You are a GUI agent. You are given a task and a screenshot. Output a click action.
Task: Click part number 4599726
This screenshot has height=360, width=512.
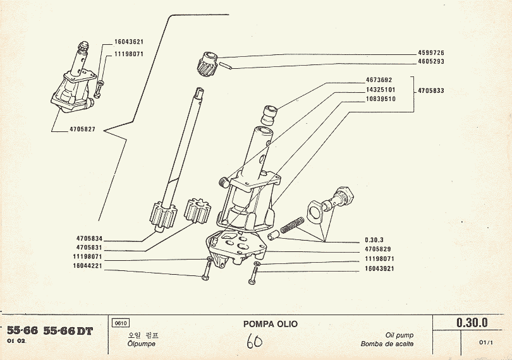pyautogui.click(x=431, y=52)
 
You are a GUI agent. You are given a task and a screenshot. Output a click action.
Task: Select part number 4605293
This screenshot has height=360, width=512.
pyautogui.click(x=431, y=61)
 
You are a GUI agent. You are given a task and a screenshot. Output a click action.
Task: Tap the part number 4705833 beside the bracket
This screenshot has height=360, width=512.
pyautogui.click(x=430, y=90)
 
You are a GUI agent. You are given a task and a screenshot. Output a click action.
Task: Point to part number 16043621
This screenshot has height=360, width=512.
pyautogui.click(x=128, y=42)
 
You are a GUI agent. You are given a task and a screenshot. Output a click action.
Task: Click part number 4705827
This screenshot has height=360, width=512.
pyautogui.click(x=82, y=129)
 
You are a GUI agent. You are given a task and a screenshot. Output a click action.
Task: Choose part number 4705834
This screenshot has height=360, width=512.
pyautogui.click(x=89, y=238)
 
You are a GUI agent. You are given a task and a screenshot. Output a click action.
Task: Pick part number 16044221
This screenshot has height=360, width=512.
pyautogui.click(x=89, y=266)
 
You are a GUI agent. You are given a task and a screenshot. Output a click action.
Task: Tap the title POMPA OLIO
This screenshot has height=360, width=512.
pyautogui.click(x=270, y=324)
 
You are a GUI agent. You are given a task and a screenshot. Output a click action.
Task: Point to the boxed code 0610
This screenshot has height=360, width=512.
pyautogui.click(x=119, y=323)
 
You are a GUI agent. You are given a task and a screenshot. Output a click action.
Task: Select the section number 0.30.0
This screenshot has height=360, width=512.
pyautogui.click(x=472, y=323)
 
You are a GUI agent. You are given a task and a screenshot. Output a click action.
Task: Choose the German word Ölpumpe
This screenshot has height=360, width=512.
pyautogui.click(x=141, y=344)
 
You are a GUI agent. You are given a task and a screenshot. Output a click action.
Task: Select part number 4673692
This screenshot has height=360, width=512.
pyautogui.click(x=379, y=80)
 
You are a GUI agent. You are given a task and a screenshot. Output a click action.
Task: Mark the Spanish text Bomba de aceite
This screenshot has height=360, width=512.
pyautogui.click(x=387, y=344)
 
